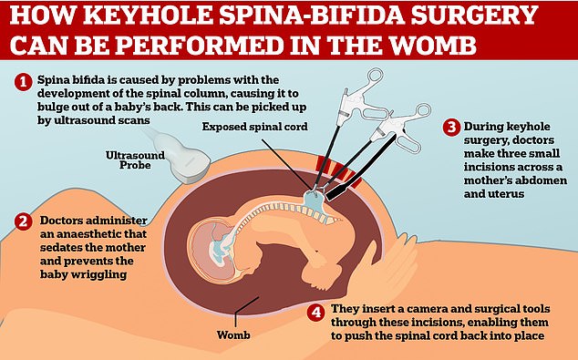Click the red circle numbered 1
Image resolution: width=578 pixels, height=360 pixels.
click(x=23, y=82)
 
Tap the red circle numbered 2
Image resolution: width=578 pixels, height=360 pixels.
click(x=23, y=221)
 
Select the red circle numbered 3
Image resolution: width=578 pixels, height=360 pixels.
click(x=451, y=128)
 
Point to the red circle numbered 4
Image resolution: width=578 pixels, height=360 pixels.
click(x=316, y=312)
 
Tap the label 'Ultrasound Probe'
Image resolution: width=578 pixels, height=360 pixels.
click(x=135, y=159)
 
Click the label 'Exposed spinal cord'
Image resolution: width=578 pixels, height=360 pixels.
click(x=254, y=127)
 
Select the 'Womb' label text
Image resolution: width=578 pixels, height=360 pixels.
click(x=233, y=335)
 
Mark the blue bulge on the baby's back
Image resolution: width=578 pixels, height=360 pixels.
click(x=314, y=202)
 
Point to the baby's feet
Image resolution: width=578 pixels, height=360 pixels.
click(x=321, y=281)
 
